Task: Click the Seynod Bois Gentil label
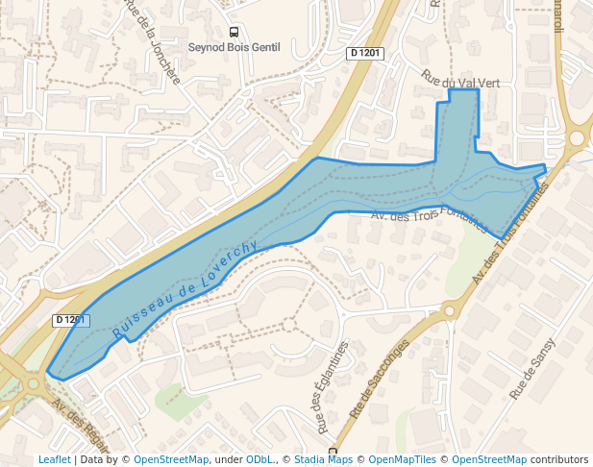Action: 233,46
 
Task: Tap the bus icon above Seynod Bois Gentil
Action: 233,31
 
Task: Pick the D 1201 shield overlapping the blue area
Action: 70,319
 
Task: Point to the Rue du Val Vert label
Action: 461,83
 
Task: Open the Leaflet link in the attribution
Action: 54,459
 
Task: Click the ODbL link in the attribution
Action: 259,459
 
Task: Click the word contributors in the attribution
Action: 559,459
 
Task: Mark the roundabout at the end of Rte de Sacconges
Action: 448,309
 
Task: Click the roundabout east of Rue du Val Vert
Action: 577,137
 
